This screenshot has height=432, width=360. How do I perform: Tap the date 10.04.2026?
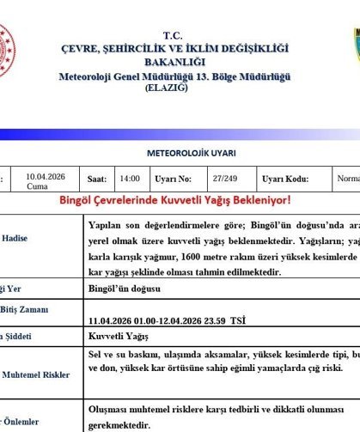click(46, 177)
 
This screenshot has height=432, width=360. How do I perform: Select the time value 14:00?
click(130, 179)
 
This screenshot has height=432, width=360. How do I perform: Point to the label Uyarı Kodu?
click(284, 179)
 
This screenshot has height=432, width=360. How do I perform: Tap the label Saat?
click(96, 179)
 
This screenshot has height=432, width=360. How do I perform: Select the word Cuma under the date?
click(37, 186)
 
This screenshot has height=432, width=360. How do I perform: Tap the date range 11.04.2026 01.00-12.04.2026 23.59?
click(167, 320)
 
